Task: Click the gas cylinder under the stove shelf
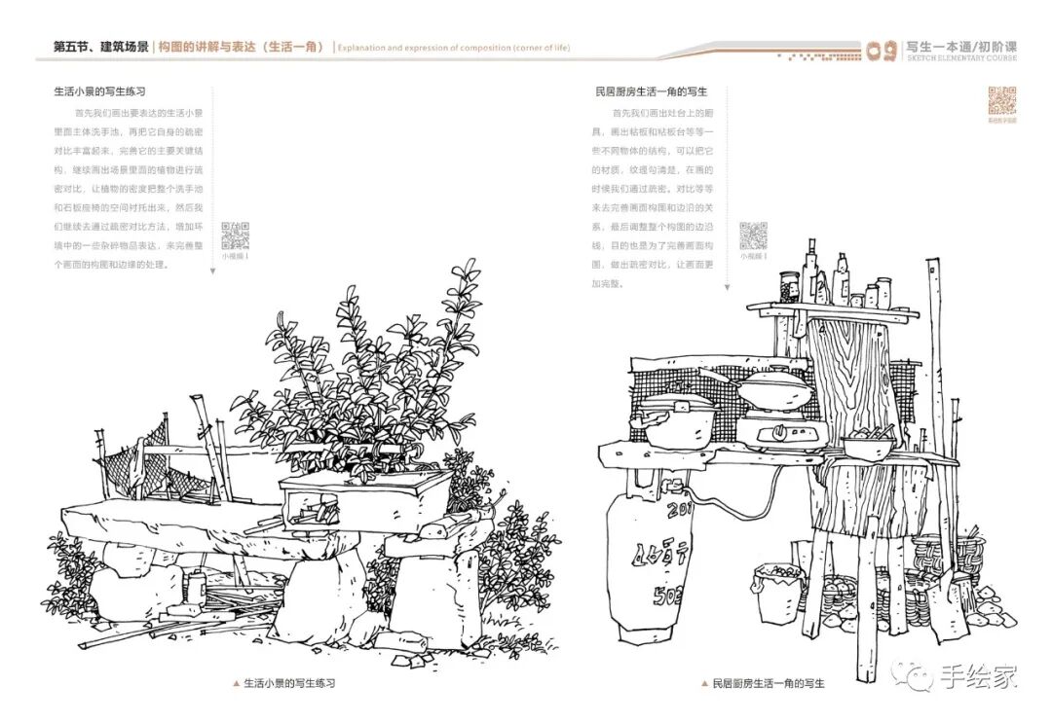pyautogui.click(x=644, y=564)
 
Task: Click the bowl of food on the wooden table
pyautogui.click(x=868, y=445)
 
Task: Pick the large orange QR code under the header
pyautogui.click(x=1002, y=101)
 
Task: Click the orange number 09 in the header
pyautogui.click(x=882, y=51)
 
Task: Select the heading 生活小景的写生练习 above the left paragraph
pyautogui.click(x=99, y=91)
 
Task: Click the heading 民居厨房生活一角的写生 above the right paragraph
pyautogui.click(x=650, y=91)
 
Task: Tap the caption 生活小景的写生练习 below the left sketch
pyautogui.click(x=289, y=684)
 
